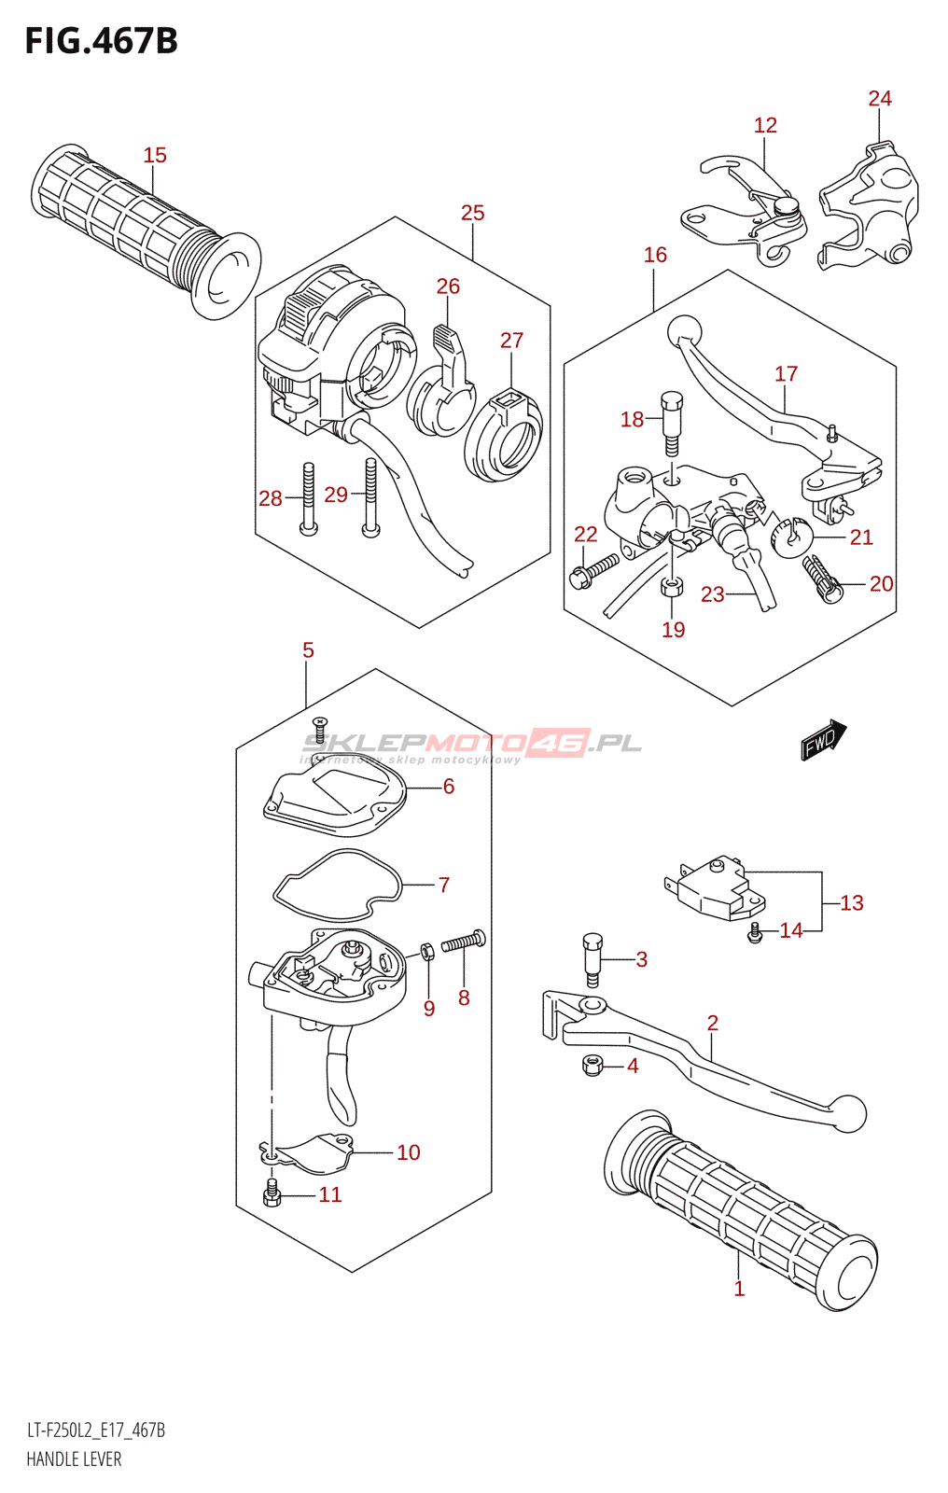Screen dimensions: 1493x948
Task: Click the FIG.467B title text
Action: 101,41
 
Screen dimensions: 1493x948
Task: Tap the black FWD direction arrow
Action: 823,740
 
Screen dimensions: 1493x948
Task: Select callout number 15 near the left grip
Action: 155,155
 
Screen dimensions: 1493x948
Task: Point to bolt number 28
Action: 308,499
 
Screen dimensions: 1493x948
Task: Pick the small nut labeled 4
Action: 591,1065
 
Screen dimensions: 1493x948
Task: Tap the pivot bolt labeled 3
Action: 592,957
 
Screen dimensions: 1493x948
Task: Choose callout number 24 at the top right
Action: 880,99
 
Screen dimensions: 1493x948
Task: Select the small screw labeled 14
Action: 755,930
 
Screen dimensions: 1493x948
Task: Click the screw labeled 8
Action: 464,942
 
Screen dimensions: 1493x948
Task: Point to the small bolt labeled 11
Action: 272,1193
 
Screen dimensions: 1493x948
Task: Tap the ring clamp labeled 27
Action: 504,435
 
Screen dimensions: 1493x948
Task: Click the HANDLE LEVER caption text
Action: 74,1459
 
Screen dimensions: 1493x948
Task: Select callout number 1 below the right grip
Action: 739,1289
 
